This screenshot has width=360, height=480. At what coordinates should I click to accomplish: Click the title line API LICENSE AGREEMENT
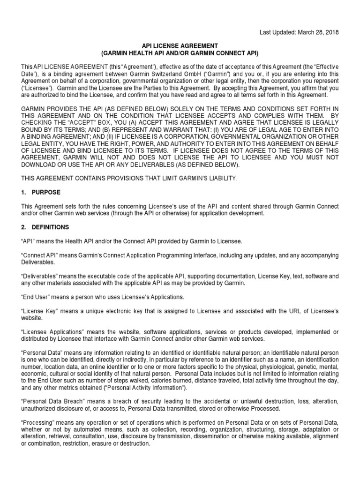tap(180, 45)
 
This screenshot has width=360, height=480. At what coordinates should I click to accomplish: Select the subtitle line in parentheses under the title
tap(180, 52)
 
